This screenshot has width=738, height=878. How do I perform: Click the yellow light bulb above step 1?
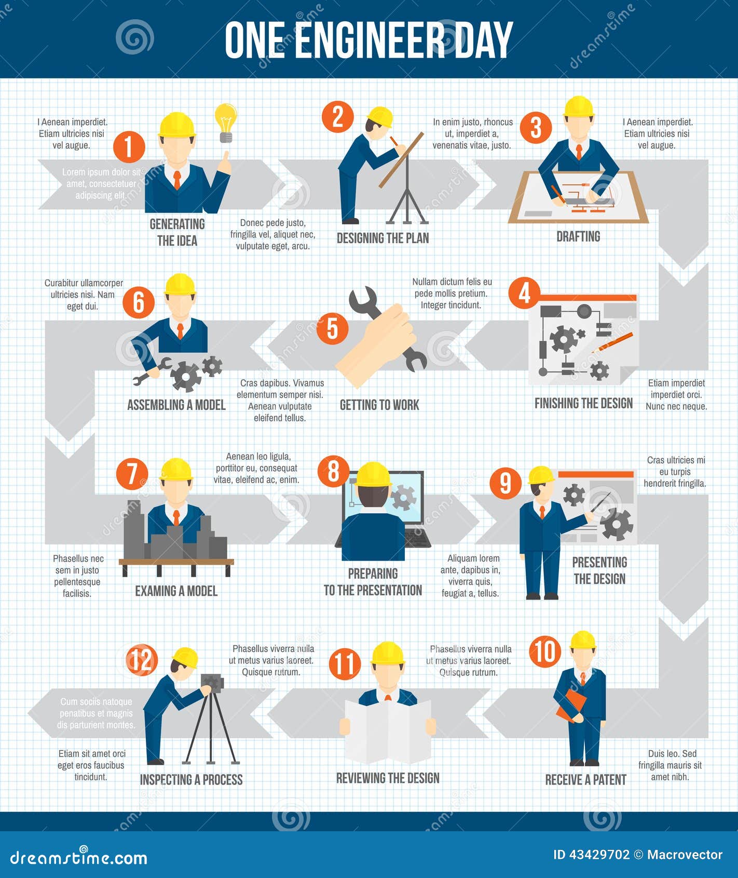click(226, 121)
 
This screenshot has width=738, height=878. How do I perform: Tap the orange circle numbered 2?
click(337, 116)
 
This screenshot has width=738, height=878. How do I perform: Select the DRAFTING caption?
click(578, 237)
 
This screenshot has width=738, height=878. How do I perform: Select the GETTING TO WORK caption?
click(379, 405)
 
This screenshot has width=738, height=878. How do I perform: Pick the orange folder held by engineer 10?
click(570, 705)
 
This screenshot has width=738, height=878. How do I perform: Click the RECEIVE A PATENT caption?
click(585, 780)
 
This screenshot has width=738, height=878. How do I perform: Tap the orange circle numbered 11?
click(345, 663)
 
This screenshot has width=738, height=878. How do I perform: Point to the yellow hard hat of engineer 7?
click(176, 469)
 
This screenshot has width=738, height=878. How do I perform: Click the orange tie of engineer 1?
click(177, 180)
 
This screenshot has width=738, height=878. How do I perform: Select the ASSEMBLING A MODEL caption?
click(176, 405)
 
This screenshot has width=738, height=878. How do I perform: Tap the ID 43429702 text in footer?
click(591, 855)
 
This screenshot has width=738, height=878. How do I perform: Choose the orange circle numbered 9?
click(505, 483)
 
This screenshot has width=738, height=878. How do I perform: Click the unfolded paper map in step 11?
click(388, 730)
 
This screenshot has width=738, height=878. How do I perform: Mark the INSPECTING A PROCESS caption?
click(191, 780)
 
